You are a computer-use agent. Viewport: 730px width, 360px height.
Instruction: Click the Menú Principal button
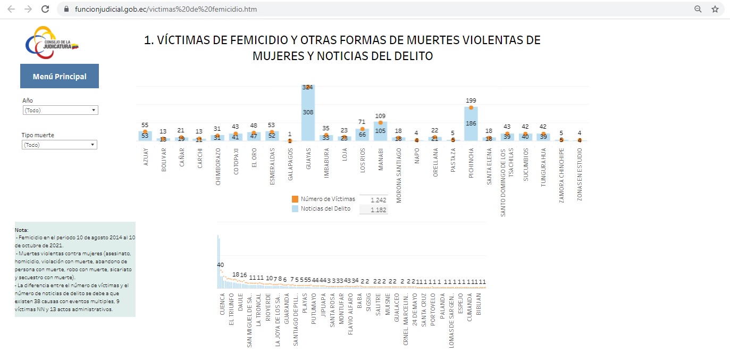(x=60, y=76)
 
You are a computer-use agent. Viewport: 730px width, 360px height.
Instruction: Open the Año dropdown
(x=61, y=110)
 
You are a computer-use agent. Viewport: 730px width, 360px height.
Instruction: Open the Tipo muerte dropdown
(x=60, y=145)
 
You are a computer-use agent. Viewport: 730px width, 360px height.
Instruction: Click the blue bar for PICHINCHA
(x=471, y=128)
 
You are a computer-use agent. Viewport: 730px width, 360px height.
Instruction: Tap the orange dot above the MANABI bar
(x=381, y=123)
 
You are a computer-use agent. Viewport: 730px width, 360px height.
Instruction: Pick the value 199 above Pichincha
(x=471, y=101)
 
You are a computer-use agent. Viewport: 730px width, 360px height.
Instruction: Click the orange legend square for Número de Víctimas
(x=295, y=199)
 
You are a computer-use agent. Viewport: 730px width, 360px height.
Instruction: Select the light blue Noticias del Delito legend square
(x=295, y=208)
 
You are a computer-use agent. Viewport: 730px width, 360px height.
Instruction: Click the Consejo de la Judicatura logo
(x=52, y=43)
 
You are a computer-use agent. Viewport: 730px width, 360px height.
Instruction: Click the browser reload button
(x=45, y=9)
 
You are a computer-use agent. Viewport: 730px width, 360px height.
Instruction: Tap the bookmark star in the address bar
(x=715, y=9)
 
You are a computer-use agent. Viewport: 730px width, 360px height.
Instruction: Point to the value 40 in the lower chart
(x=220, y=265)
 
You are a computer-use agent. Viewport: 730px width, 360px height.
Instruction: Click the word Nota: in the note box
(x=22, y=230)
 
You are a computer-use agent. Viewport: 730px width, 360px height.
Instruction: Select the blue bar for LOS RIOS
(x=363, y=135)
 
